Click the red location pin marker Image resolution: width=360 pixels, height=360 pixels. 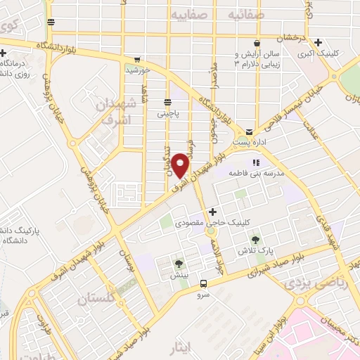[181, 165]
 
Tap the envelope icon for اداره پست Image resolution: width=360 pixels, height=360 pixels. [249, 131]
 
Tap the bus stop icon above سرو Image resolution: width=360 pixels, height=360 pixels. [203, 284]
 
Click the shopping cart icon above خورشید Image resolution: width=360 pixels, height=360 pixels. [138, 60]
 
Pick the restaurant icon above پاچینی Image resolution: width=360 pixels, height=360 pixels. [167, 101]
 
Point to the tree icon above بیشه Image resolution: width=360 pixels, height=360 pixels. [180, 264]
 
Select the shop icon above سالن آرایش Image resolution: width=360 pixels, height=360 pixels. [258, 42]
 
